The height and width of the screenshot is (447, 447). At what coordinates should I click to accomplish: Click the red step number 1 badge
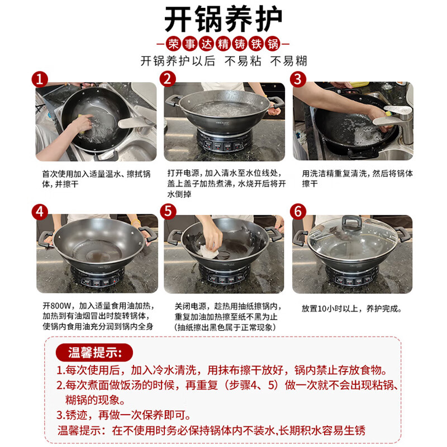click(x=40, y=79)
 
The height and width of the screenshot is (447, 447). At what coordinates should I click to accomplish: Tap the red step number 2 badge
click(x=168, y=79)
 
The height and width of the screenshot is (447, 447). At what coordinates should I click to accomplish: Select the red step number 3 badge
click(x=298, y=79)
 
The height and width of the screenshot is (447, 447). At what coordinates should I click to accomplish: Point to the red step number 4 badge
click(x=40, y=212)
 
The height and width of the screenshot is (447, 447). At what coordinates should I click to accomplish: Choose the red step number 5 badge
click(x=168, y=212)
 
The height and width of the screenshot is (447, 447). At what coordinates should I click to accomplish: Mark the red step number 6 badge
click(x=298, y=212)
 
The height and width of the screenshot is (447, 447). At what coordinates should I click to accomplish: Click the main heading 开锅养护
click(x=223, y=19)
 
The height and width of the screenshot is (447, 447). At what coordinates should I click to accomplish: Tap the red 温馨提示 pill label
click(x=94, y=353)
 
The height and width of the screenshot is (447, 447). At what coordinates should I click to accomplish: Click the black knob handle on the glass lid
click(x=352, y=222)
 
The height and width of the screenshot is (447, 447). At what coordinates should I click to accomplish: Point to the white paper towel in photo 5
click(x=208, y=251)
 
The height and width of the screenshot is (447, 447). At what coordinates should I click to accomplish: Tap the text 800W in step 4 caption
click(x=60, y=306)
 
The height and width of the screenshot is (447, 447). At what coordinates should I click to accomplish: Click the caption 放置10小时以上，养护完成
click(x=351, y=308)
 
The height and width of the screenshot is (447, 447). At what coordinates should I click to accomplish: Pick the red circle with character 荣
click(x=173, y=44)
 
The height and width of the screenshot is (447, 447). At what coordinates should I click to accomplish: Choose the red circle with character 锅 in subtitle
click(x=273, y=44)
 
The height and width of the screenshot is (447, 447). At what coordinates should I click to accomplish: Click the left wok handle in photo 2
click(x=173, y=101)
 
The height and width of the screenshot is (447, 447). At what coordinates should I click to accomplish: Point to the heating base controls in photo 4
click(x=97, y=282)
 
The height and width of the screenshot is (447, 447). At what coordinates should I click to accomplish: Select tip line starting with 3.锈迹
click(x=123, y=415)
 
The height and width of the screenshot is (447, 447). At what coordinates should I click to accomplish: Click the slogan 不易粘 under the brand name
click(x=242, y=61)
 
